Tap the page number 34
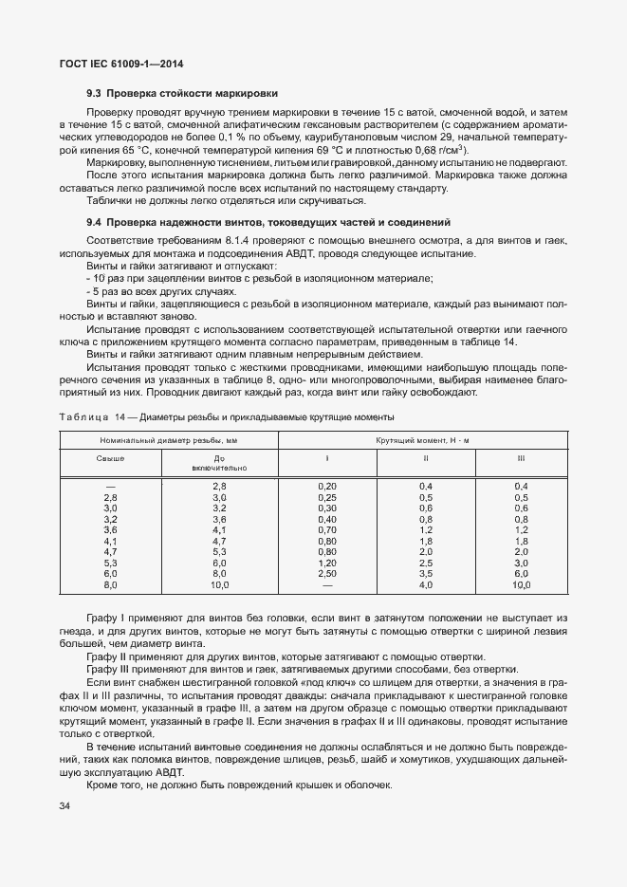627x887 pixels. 65,806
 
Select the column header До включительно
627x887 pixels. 219,463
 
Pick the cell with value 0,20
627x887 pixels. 327,486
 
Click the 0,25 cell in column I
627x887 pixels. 327,497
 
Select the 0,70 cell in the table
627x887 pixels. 327,530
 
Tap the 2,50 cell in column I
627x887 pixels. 327,574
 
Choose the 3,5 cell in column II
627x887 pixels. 426,574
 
